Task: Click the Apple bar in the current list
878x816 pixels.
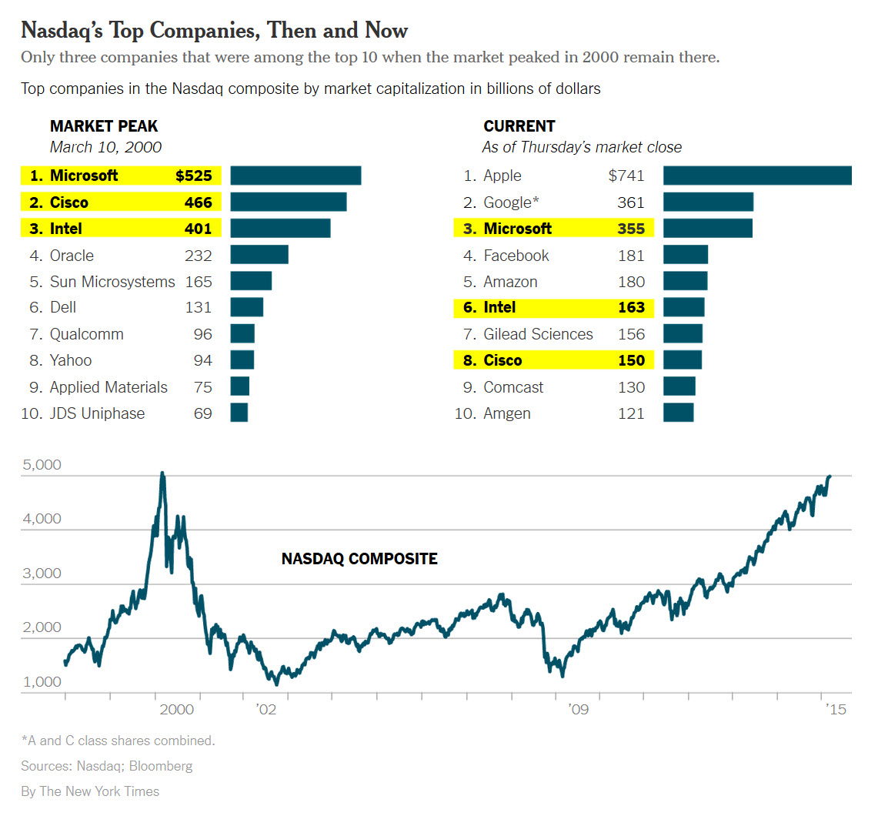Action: tap(757, 176)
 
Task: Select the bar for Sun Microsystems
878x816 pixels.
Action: tap(251, 281)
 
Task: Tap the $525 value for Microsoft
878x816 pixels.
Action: tap(193, 176)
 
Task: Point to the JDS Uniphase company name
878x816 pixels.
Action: tap(97, 413)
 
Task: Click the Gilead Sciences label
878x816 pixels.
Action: tap(538, 334)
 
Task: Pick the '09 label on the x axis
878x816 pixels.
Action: tap(579, 709)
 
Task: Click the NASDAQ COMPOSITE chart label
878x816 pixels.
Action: tap(359, 559)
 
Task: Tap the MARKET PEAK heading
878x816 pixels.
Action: tap(104, 126)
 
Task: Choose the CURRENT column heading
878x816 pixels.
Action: tap(519, 126)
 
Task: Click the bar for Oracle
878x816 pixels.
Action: tap(259, 255)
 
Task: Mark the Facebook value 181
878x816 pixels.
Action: tap(631, 256)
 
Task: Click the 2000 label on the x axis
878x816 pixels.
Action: tap(176, 709)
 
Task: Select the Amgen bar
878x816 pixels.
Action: tap(678, 413)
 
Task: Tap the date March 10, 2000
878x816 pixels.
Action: tap(105, 147)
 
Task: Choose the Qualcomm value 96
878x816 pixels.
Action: tap(202, 334)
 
